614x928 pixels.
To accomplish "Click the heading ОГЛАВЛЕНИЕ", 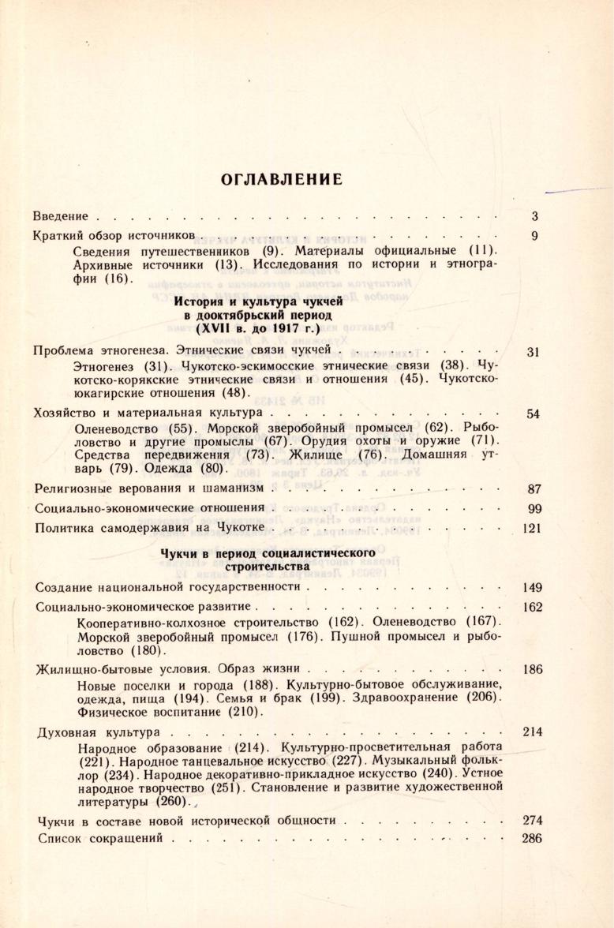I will tap(282, 179).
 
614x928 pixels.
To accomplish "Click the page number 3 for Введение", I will tap(534, 215).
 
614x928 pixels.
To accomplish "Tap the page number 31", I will tap(532, 352).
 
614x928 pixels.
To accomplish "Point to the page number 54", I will tap(532, 413).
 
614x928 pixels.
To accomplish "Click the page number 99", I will tap(532, 509).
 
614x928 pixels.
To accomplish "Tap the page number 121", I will tap(530, 528).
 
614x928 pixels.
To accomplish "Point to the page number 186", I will tap(532, 670).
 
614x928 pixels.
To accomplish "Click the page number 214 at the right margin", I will tap(532, 732).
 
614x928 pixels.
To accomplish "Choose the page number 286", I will tap(532, 838).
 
